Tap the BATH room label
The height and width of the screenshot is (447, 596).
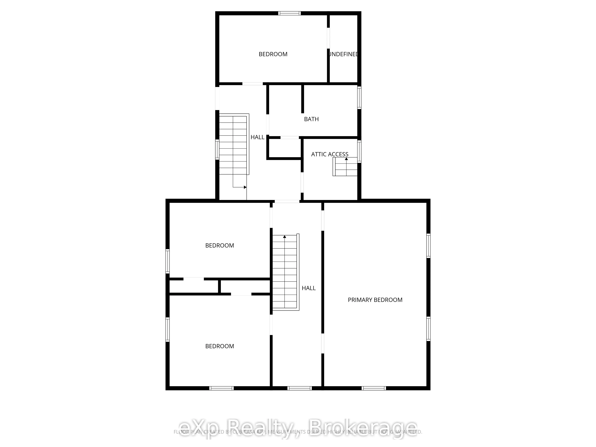311,119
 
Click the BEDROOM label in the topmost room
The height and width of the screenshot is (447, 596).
273,54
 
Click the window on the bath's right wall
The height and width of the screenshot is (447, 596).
359,98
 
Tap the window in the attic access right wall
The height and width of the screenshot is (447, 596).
359,151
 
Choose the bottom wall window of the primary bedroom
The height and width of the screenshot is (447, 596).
374,388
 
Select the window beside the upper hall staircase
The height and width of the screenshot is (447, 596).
217,150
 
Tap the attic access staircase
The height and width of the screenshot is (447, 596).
345,167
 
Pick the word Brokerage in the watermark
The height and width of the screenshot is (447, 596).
362,428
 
